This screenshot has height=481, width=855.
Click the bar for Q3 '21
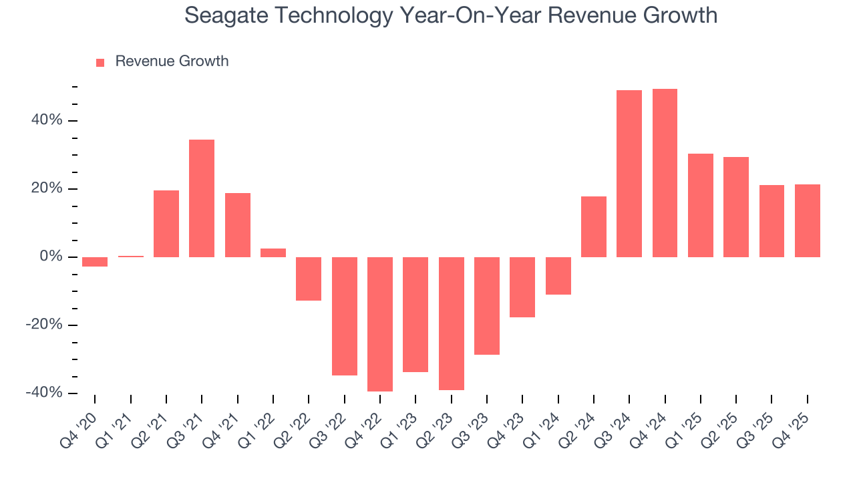[x=202, y=198]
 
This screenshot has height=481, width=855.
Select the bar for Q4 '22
[x=380, y=324]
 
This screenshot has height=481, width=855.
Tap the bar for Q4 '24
[x=665, y=173]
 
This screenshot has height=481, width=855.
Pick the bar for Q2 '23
[x=451, y=323]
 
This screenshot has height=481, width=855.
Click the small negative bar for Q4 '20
[x=95, y=262]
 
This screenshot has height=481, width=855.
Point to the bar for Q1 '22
[x=273, y=253]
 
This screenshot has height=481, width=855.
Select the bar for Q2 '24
[x=594, y=226]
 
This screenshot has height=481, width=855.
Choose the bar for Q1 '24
[x=558, y=276]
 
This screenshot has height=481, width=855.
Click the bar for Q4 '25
[x=807, y=220]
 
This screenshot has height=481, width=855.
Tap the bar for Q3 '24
[x=629, y=174]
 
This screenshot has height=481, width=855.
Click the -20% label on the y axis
[x=45, y=325]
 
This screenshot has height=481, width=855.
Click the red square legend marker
[x=100, y=63]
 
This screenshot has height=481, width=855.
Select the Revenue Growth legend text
[x=172, y=61]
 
